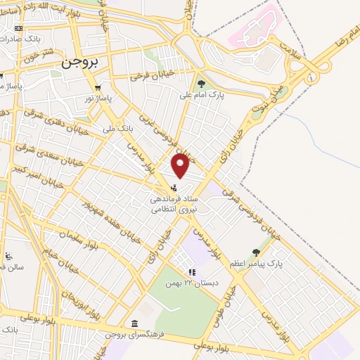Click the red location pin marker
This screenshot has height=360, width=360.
click(x=181, y=167)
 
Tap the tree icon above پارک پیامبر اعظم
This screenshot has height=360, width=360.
click(x=256, y=251)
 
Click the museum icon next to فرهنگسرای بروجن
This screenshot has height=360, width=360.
click(x=134, y=323)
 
